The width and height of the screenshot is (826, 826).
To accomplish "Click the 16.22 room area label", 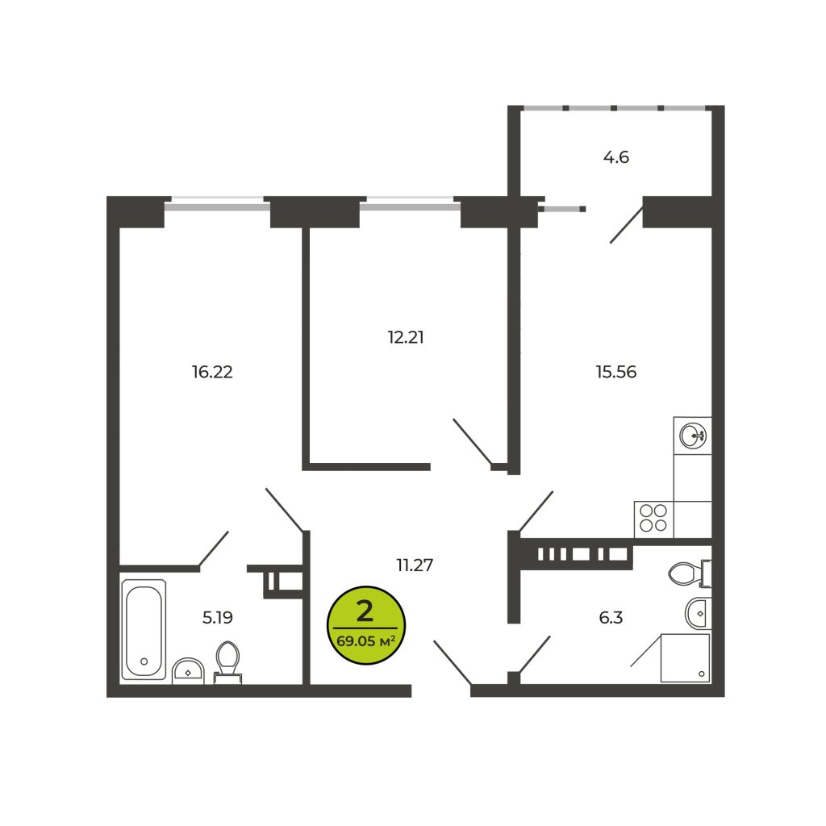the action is [x=212, y=372].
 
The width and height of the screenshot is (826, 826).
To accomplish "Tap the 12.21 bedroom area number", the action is [x=406, y=337].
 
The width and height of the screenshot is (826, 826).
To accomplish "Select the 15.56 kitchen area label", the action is [x=615, y=372].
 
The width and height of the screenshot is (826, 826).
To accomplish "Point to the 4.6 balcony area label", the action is [x=615, y=157].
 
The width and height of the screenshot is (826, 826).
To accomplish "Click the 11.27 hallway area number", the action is [x=415, y=565].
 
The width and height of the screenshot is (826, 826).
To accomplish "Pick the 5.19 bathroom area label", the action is [x=218, y=617].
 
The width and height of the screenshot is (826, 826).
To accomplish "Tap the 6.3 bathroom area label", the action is [x=611, y=617].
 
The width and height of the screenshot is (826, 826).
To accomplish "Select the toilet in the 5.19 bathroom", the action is [x=227, y=663].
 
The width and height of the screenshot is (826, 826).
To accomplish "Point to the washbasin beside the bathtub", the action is [x=188, y=670].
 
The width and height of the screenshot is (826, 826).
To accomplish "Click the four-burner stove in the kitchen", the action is [x=653, y=519].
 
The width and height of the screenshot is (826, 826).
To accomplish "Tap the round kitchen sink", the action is [x=693, y=436].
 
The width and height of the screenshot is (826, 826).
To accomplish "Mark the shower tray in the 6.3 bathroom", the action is [x=686, y=658].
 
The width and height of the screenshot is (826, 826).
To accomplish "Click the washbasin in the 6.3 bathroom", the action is [x=699, y=613].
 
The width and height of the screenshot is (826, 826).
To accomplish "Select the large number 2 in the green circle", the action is [x=365, y=611].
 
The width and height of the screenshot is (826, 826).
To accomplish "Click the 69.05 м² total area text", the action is [x=365, y=641].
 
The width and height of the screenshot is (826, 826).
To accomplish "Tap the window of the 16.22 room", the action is [x=217, y=203].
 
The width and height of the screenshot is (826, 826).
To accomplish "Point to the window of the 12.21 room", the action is [x=410, y=203].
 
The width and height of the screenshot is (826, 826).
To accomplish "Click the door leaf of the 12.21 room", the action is [x=472, y=441].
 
